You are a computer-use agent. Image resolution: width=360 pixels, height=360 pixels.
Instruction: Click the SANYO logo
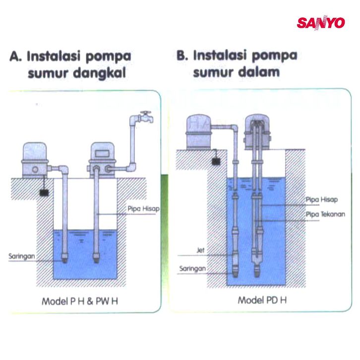tap(320, 23)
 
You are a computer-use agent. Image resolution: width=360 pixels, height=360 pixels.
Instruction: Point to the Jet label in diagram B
tap(201, 250)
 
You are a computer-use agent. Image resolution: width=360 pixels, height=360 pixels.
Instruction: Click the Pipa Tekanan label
tap(325, 214)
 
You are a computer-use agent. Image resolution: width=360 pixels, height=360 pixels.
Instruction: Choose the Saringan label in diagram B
tap(192, 269)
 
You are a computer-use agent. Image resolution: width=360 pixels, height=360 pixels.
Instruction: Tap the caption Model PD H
tap(262, 300)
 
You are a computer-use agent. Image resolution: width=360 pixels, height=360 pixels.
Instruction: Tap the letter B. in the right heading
tap(182, 55)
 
